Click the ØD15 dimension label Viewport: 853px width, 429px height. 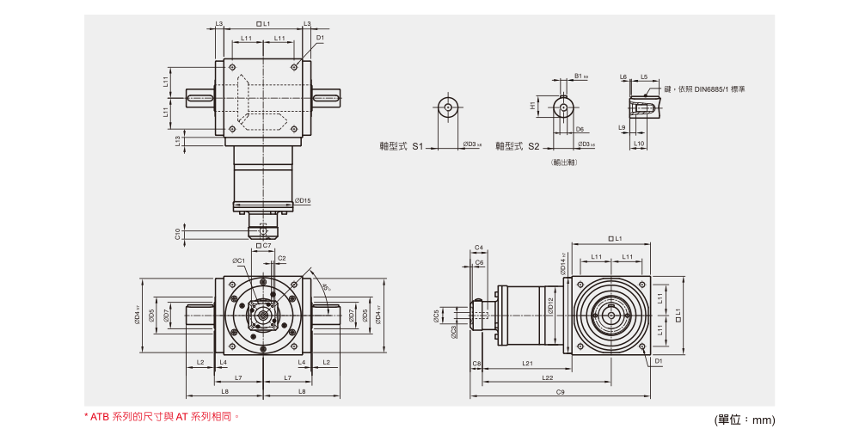click(302, 201)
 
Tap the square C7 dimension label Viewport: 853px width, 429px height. click(264, 245)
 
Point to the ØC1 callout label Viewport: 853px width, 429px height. click(238, 260)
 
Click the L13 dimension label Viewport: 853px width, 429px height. click(178, 141)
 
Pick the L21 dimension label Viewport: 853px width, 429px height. click(527, 364)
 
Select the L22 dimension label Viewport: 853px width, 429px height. click(547, 377)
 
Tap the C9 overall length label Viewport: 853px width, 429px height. click(559, 392)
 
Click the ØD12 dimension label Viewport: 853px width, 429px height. click(550, 305)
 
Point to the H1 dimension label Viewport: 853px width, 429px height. click(533, 107)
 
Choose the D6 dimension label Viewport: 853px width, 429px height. click(580, 129)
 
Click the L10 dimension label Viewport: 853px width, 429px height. click(639, 144)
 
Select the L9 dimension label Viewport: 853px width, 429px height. click(622, 127)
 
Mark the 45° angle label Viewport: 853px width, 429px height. click(327, 287)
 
